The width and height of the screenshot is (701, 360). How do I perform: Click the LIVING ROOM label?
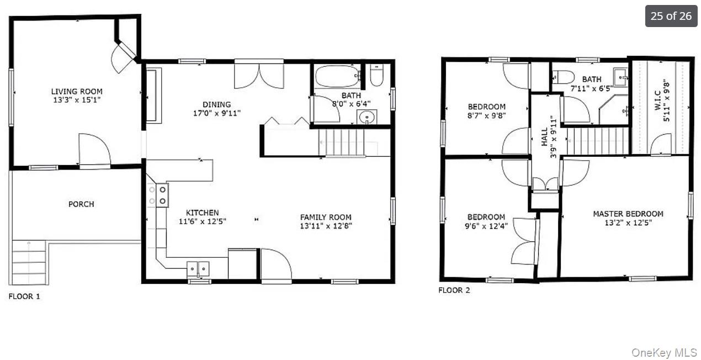[77, 92]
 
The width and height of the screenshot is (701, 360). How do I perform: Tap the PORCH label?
[81, 204]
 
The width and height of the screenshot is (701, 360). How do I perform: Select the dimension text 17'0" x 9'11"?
[217, 113]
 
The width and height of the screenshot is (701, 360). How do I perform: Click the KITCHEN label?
[203, 213]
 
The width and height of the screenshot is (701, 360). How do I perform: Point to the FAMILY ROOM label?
[326, 217]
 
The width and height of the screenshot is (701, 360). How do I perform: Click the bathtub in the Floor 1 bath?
[338, 76]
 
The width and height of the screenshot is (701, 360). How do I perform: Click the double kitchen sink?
[198, 269]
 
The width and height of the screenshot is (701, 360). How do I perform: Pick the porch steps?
[29, 262]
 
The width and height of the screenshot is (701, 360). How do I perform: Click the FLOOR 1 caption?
[24, 296]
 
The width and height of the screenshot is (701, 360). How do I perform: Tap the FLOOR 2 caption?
[454, 290]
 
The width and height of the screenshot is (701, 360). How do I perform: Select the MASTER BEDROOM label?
[628, 214]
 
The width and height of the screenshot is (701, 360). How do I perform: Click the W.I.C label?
[657, 100]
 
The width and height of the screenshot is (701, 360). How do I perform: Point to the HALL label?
[545, 136]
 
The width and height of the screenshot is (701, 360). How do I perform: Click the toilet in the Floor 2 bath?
[564, 77]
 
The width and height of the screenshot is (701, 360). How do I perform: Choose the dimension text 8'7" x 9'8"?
[487, 115]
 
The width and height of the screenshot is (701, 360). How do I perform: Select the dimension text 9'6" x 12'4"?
[486, 226]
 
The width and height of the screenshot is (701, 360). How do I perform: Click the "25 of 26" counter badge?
[671, 16]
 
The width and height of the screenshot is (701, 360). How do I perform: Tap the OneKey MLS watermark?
[664, 353]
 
